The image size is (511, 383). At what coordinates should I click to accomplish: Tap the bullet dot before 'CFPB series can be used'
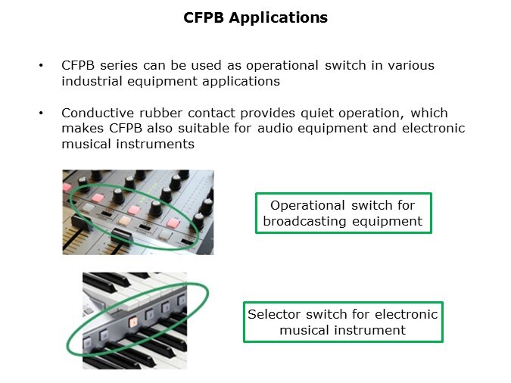point(41,66)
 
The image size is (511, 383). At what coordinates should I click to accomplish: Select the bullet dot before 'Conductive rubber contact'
point(41,113)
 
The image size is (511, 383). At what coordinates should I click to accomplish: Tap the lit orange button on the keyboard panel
point(132,321)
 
